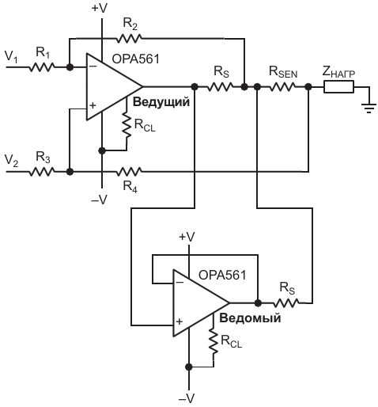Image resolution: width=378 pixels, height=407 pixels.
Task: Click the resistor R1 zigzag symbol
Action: tap(42, 67)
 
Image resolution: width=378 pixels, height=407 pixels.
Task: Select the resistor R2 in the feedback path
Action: tap(129, 39)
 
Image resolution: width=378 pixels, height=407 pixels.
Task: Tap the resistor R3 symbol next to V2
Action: tap(42, 172)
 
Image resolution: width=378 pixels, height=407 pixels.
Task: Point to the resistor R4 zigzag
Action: tap(129, 172)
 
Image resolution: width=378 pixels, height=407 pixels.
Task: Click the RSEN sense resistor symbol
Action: tap(282, 86)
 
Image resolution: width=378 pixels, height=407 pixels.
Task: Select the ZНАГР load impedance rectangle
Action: tap(338, 87)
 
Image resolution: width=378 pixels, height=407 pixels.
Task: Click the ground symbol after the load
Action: tap(369, 108)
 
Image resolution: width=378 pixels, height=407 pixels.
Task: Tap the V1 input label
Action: tap(11, 57)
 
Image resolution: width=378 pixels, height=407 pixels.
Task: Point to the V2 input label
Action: tap(11, 161)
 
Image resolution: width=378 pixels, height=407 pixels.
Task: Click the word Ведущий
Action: tap(161, 102)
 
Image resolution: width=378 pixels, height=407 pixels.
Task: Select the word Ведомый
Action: tap(250, 318)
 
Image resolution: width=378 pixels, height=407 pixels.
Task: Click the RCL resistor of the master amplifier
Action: tap(127, 125)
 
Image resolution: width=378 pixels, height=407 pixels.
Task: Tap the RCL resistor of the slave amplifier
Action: tap(214, 341)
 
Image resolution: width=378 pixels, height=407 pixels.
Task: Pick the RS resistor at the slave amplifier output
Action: tap(286, 303)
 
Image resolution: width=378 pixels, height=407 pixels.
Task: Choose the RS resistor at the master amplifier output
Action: tap(220, 86)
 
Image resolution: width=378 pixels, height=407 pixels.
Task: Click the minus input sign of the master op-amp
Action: tap(93, 67)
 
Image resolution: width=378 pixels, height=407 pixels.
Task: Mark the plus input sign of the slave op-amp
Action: tap(180, 321)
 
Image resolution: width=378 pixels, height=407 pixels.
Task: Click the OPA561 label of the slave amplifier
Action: tap(222, 276)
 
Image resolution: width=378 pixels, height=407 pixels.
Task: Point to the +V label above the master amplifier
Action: tap(100, 9)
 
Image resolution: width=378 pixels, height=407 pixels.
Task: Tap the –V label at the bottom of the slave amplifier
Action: tap(187, 398)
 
